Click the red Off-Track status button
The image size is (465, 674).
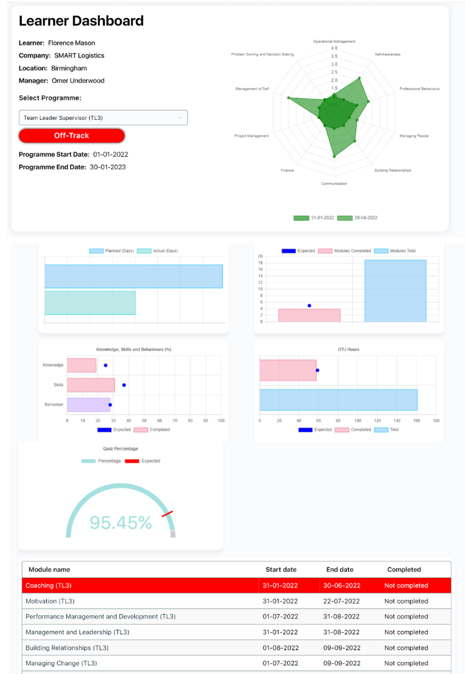(x=72, y=135)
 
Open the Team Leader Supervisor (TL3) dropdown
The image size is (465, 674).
(x=103, y=117)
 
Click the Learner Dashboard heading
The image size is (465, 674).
(x=81, y=21)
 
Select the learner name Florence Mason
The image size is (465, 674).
(x=72, y=43)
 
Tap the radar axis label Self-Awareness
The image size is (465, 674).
(x=387, y=54)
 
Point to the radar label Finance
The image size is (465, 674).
(x=287, y=170)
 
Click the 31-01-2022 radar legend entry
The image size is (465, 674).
(x=315, y=218)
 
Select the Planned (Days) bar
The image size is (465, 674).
(x=134, y=276)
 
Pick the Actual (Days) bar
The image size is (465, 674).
(x=90, y=303)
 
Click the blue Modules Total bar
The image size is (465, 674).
(x=395, y=291)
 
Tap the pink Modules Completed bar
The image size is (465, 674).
(x=309, y=315)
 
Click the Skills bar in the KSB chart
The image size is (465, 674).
(x=91, y=385)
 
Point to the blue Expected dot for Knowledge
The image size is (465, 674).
(x=105, y=365)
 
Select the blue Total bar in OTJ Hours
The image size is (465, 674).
(x=338, y=400)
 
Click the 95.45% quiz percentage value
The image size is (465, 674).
(x=120, y=523)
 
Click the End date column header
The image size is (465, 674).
(x=340, y=569)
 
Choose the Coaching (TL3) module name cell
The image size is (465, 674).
(x=49, y=585)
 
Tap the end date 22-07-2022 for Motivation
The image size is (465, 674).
(x=341, y=601)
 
